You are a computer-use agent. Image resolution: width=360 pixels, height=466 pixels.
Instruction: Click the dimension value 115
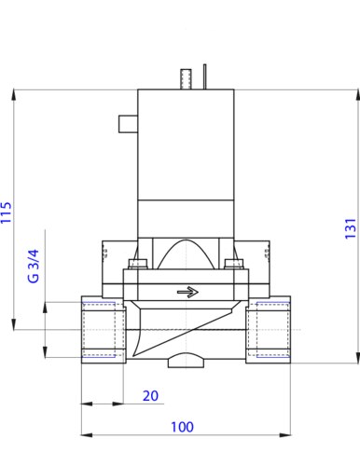click(7, 212)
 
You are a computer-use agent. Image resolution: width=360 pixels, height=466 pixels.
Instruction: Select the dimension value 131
click(351, 228)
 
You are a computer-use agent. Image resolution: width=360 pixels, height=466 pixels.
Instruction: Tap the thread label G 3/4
click(34, 266)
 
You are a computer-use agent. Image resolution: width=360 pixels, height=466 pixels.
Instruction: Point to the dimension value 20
click(150, 396)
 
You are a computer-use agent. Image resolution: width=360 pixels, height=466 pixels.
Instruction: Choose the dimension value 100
click(182, 427)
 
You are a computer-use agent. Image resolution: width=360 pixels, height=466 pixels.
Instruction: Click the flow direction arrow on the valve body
click(187, 292)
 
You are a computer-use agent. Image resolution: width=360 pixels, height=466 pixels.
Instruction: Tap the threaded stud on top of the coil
click(186, 79)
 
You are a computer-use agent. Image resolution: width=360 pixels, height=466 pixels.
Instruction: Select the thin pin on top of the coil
click(204, 76)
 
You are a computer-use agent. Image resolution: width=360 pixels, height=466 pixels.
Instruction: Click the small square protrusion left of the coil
click(128, 124)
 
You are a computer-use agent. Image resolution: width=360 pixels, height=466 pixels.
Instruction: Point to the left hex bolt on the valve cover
click(138, 264)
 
